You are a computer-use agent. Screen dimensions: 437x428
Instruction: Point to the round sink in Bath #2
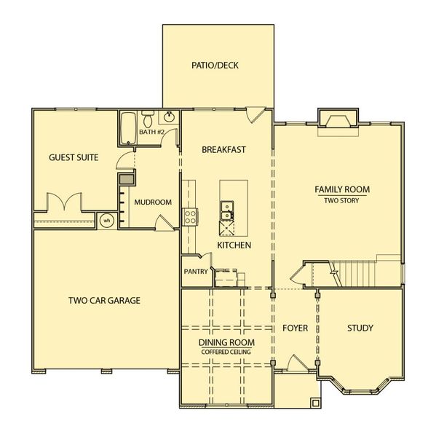tap(169, 118)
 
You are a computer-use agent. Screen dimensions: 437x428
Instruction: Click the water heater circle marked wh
tap(106, 220)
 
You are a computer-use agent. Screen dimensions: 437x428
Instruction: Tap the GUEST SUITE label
tap(74, 157)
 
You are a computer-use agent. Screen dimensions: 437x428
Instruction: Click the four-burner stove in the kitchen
tap(189, 216)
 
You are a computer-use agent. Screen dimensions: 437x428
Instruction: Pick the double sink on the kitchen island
tap(227, 210)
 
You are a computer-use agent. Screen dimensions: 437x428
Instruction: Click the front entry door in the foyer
tap(296, 363)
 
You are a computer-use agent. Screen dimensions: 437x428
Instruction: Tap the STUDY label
tap(360, 328)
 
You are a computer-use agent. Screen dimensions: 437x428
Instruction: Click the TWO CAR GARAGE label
tap(104, 300)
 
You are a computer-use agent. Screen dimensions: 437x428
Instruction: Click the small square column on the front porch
tap(314, 402)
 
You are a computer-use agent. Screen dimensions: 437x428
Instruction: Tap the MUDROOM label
tap(153, 202)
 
